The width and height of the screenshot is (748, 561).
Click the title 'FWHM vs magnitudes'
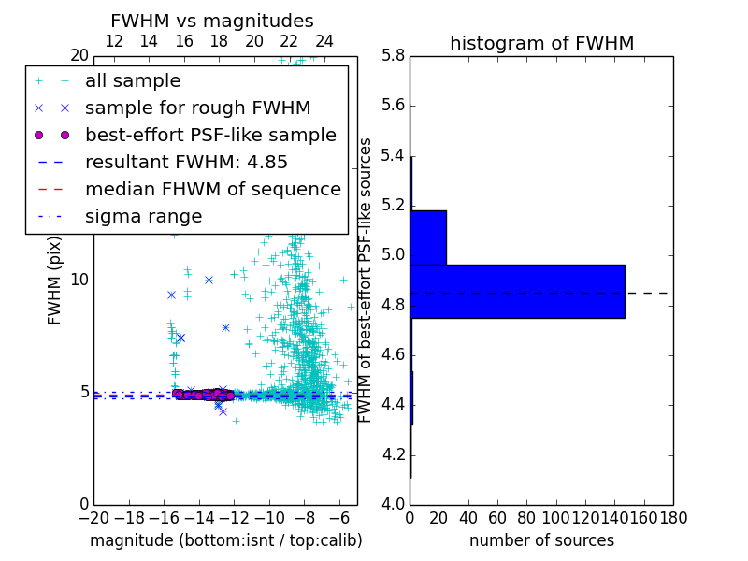pos(212,21)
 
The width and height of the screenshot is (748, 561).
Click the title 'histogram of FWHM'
pos(541,43)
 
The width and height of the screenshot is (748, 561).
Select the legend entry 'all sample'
pos(133,81)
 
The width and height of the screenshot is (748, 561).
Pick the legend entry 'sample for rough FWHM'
pos(198,108)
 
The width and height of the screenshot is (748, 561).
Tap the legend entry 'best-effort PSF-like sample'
pos(210,135)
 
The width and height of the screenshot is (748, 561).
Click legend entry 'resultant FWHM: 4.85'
pos(186,162)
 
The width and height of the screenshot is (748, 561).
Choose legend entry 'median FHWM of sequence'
pos(213,189)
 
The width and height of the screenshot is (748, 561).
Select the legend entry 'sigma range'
pos(144,216)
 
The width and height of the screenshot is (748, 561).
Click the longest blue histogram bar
pos(517,292)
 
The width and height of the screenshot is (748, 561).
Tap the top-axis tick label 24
pos(324,41)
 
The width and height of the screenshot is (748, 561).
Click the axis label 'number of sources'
pos(541,540)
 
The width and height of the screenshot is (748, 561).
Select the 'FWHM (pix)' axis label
pos(55,280)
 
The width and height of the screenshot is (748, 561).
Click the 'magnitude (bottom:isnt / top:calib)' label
pos(225,540)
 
